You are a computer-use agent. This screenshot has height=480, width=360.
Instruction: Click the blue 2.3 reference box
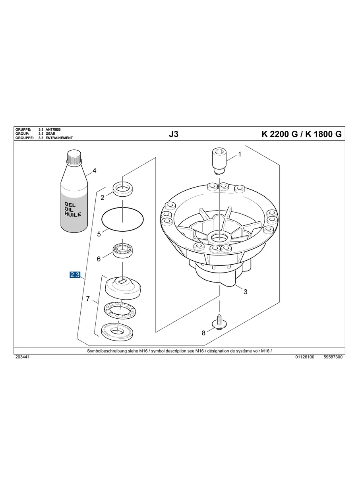tap(75, 275)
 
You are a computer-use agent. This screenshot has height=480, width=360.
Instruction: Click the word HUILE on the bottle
tap(73, 214)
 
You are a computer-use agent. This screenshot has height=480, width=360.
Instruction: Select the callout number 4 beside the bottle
tap(95, 170)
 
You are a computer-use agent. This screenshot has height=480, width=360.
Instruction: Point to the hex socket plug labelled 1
tap(219, 161)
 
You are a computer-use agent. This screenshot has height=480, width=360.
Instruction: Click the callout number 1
tap(240, 154)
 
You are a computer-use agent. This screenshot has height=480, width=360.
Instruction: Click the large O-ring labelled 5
tap(123, 219)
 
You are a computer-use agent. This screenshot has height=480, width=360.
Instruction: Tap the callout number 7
tap(88, 298)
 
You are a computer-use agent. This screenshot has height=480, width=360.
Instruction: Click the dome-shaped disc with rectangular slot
tap(123, 288)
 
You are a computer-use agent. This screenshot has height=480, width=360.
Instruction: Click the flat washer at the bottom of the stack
tap(118, 331)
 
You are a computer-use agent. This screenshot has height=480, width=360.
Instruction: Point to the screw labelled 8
tap(219, 322)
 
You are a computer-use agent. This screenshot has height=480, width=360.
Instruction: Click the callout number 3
tap(245, 292)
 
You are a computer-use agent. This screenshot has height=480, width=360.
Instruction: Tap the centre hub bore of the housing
tap(219, 237)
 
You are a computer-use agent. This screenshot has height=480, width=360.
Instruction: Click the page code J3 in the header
tap(174, 134)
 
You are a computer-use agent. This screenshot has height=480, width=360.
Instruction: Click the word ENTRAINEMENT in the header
tap(59, 138)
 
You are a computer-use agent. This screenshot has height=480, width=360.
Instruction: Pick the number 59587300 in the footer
tap(333, 357)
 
